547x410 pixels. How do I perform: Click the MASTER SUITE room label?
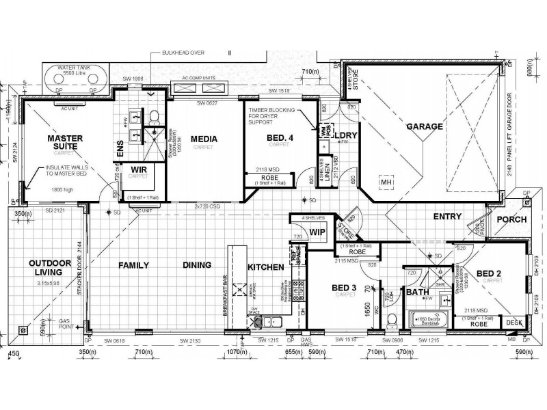(66, 142)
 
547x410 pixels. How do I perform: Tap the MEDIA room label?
(204, 139)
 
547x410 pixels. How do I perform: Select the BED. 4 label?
(279, 138)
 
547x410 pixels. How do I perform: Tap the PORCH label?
(511, 219)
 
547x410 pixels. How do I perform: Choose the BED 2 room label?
(490, 273)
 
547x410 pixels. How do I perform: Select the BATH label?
(417, 292)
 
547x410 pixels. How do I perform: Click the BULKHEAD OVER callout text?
(183, 52)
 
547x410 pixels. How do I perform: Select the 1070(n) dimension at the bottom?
(237, 353)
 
